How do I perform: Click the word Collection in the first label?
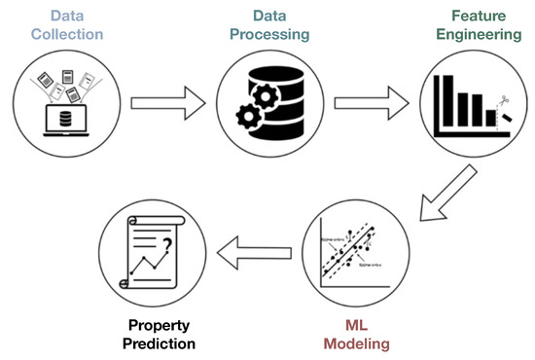pos(65,36)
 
